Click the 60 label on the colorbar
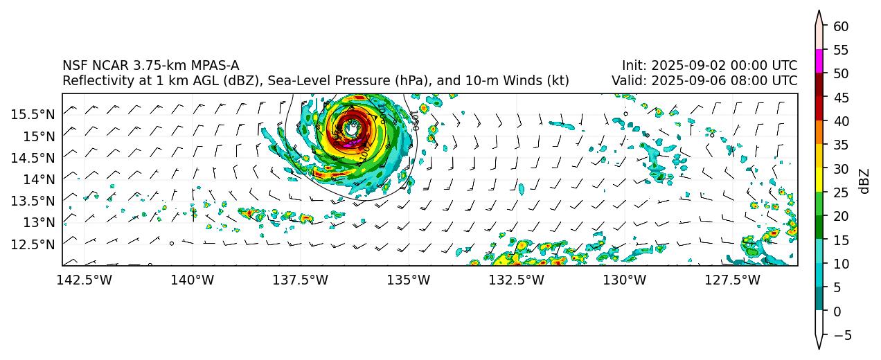click(841, 26)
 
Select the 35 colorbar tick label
click(841, 145)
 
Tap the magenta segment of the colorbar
click(819, 61)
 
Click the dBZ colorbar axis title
click(864, 181)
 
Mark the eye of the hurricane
click(352, 128)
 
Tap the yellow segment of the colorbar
click(819, 181)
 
